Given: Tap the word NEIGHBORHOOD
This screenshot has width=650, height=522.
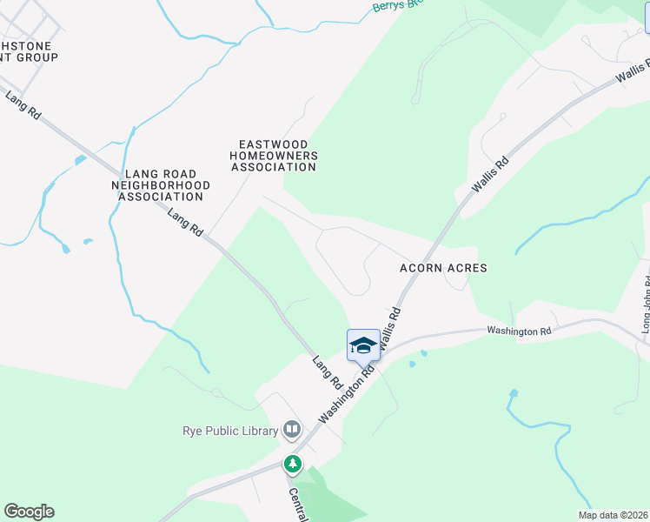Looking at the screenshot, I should pos(162,185).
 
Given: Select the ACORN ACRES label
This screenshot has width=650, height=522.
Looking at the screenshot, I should pos(443,268).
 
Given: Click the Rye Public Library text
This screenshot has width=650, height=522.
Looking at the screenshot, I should pos(230,430).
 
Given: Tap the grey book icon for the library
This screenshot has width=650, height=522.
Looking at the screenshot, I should pos(293,430).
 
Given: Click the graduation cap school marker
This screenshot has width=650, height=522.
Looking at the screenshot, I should pos(364,345).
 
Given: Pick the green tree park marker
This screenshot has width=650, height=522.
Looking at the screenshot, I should pos(294,464).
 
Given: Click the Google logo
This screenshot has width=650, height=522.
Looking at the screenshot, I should pos(29,512).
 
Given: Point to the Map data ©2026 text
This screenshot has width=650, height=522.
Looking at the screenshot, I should pos(614,515).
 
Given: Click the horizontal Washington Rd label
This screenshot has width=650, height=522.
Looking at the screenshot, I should pos(519,331).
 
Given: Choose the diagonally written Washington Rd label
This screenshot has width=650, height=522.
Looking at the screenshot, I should pos(346,392).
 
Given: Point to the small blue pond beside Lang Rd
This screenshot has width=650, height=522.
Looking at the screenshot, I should pos(80,160).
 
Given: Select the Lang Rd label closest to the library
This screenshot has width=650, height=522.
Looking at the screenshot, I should pos(328,371).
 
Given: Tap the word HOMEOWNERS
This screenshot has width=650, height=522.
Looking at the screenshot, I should pos(273,155).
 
